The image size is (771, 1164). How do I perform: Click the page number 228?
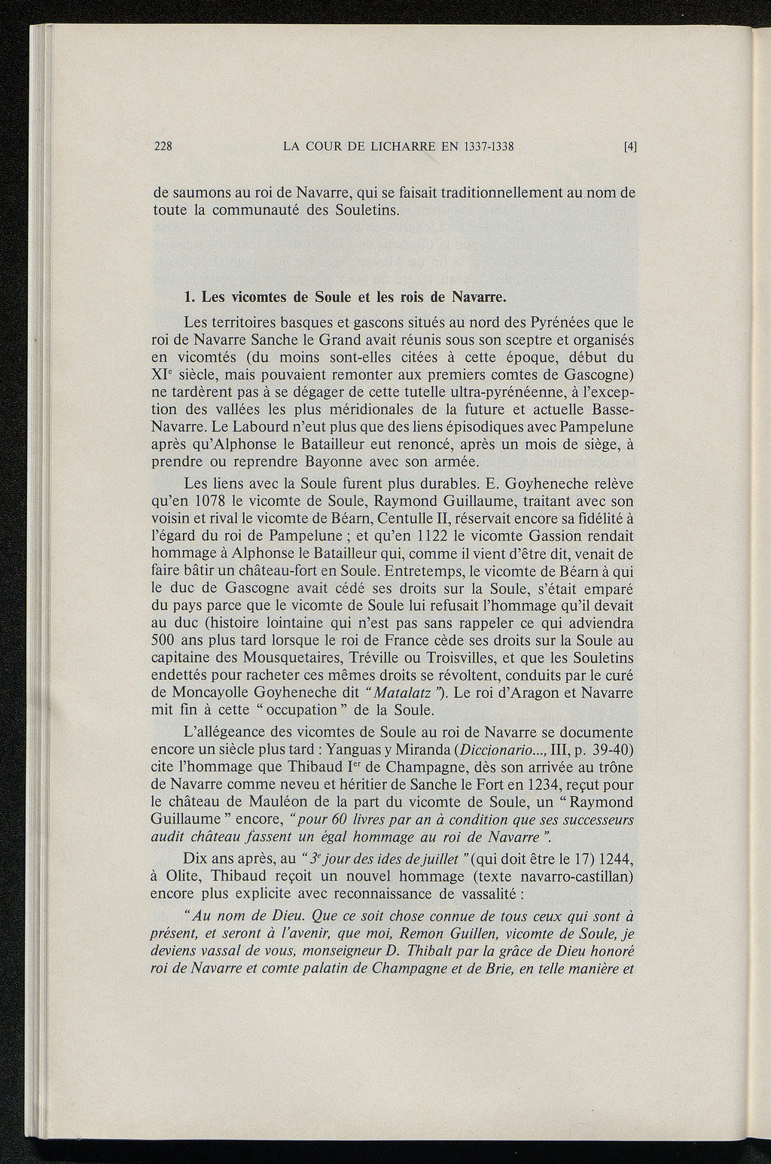[x=163, y=147]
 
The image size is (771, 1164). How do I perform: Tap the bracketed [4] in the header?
[x=630, y=148]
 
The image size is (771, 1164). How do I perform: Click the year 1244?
[x=617, y=859]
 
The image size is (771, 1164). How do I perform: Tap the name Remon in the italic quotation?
[x=408, y=934]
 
